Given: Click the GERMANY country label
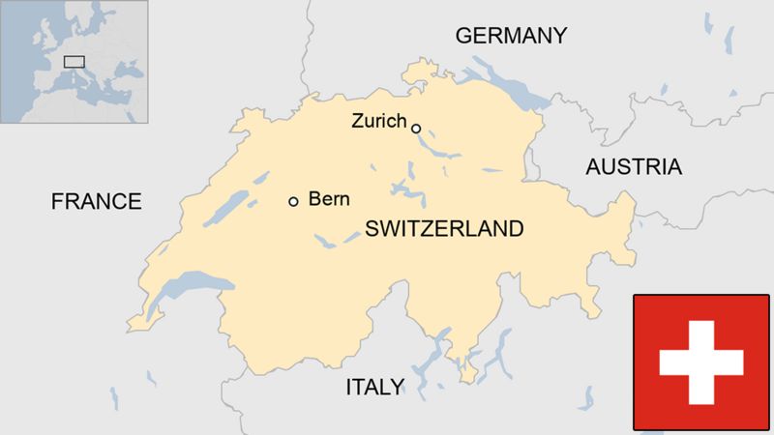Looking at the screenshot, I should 511,36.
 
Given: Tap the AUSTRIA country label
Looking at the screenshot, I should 634,166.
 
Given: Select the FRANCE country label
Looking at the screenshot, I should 96,201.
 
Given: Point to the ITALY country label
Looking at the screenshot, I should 374,388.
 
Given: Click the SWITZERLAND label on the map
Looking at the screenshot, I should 444,229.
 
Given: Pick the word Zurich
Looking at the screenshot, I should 379,122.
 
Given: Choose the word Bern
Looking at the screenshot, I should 329,200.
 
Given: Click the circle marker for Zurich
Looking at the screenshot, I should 416,128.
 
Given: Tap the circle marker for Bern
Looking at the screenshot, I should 293,201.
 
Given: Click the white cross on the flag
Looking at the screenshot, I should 701,362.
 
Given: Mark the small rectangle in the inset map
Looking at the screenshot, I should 74,62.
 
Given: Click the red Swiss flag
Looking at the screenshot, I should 701,362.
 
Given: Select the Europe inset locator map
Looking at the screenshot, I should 74,61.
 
